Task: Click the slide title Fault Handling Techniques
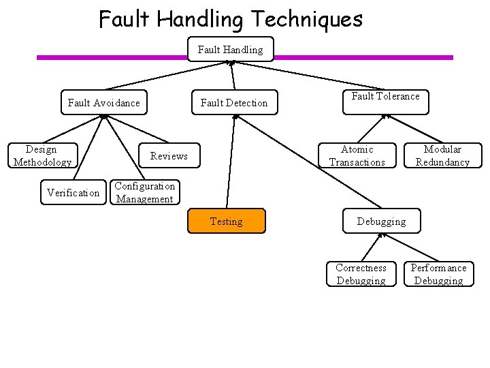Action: [231, 18]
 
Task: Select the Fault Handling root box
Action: [230, 49]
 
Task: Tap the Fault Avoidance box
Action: [104, 103]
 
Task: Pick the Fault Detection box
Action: [233, 103]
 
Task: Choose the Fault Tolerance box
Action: [385, 97]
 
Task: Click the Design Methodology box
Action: [42, 155]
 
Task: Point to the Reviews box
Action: [169, 155]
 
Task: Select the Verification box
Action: [73, 193]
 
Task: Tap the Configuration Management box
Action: [144, 193]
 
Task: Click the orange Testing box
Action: [226, 221]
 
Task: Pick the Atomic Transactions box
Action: [357, 155]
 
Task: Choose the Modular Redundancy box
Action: [442, 155]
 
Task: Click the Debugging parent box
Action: [381, 221]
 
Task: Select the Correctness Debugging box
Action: [361, 274]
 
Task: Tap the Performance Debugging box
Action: [438, 274]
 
